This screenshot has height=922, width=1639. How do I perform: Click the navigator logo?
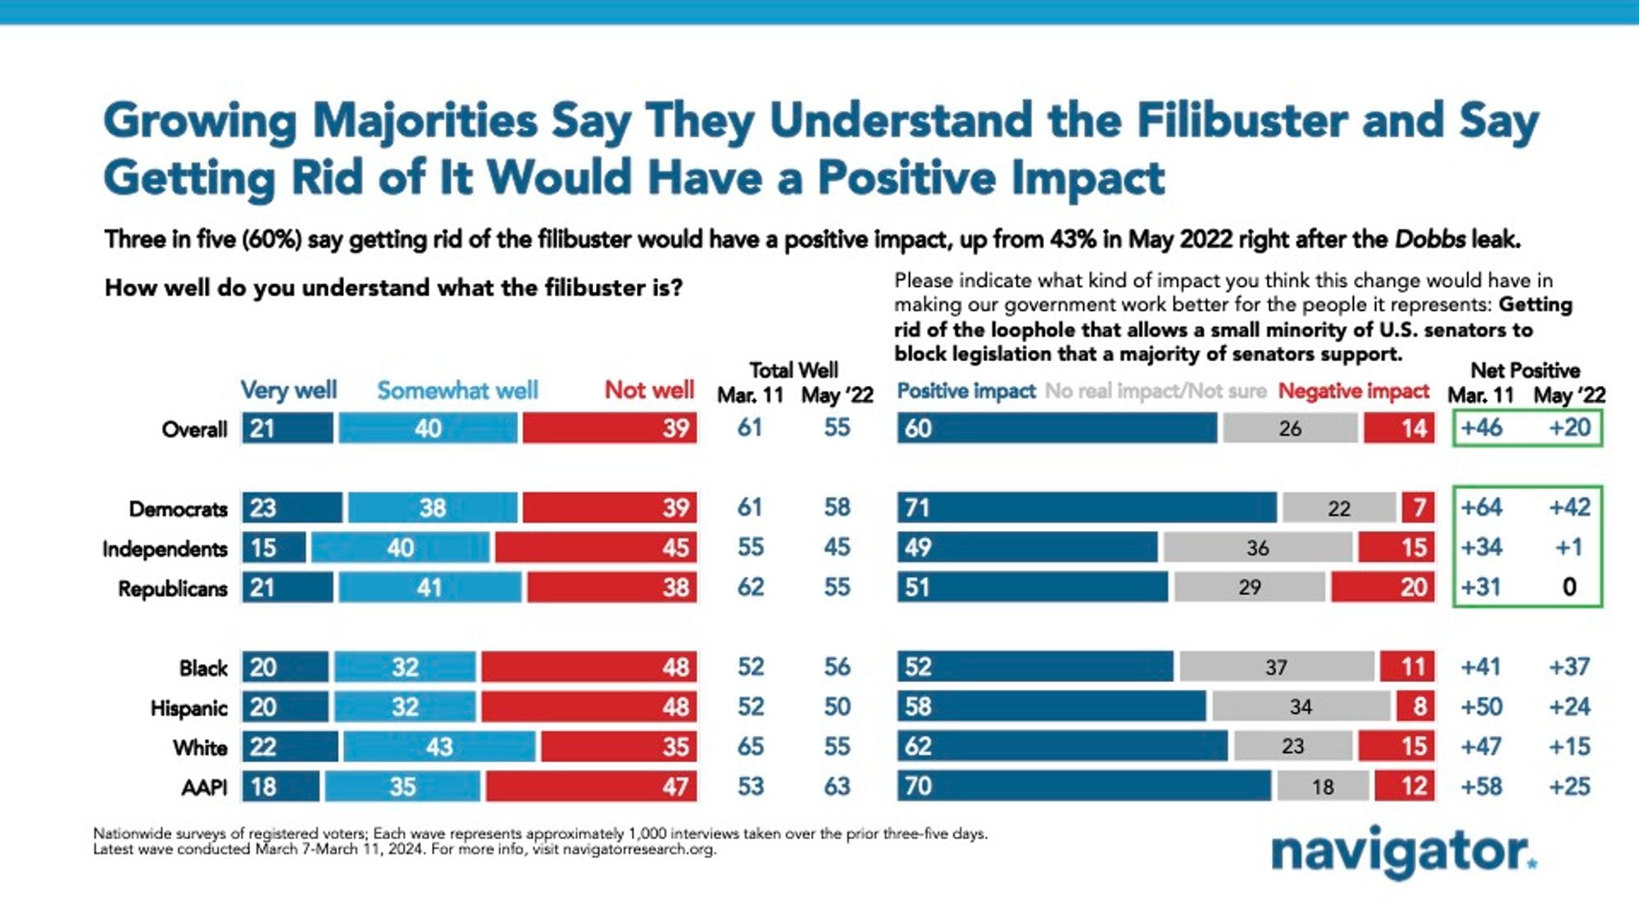coord(1403,852)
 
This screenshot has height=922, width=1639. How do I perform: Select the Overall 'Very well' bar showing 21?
coord(288,428)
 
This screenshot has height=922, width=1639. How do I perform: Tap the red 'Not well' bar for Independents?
coord(596,547)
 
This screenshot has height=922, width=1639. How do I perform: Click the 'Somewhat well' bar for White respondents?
coord(439,747)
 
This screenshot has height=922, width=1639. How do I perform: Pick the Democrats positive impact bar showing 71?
coord(1087,508)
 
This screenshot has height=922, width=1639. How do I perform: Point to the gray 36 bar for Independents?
coord(1257,547)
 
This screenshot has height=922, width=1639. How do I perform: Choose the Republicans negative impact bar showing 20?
coord(1382,588)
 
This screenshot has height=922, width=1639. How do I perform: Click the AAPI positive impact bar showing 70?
coord(1084,786)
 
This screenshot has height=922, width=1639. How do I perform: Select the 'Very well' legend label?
coord(288,390)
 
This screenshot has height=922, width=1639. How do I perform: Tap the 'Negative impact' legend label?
coord(1353,392)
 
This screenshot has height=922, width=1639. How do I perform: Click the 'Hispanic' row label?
coord(188,708)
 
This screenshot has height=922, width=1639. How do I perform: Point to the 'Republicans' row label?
coord(172,588)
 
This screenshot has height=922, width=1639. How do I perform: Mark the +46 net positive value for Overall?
coord(1481,428)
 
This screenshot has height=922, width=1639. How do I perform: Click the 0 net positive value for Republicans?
coord(1569,588)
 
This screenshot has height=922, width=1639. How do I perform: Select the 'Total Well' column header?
coord(793,370)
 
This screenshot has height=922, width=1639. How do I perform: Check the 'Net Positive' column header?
coord(1524,370)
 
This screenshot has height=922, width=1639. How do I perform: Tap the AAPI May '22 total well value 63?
coord(837,787)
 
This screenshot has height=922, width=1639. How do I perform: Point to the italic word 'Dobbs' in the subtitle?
coord(1429,240)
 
